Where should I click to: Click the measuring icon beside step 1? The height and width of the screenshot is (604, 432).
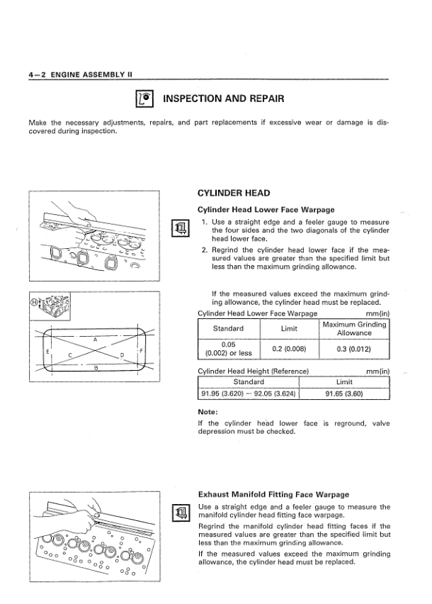(181, 228)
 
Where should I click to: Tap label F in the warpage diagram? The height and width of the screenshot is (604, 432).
(142, 352)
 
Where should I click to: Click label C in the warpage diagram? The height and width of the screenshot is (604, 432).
(69, 354)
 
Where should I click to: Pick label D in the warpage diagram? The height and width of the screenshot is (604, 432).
(122, 354)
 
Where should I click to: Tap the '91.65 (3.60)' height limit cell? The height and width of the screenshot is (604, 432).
(344, 395)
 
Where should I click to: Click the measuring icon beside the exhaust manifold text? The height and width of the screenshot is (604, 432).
(181, 514)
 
